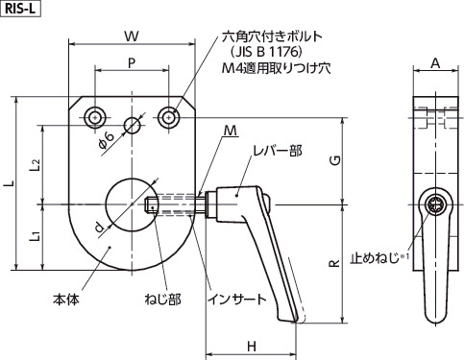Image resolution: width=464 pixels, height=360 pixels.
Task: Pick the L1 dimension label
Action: pos(34,233)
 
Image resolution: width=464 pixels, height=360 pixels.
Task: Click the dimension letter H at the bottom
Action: pos(250,346)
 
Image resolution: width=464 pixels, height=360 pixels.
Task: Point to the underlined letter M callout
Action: pos(230,130)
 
